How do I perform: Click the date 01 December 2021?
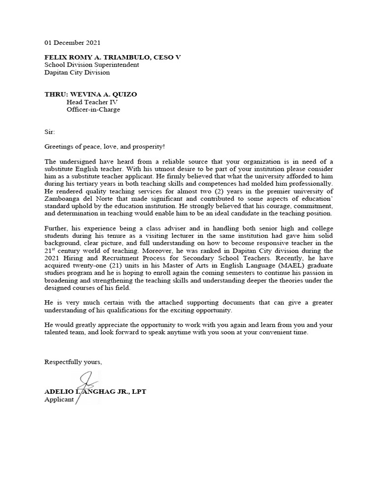72,43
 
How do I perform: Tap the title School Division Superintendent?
92,64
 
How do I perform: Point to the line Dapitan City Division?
77,72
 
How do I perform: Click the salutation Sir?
50,132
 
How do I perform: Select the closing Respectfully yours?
73,362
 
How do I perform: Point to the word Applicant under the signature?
59,399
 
